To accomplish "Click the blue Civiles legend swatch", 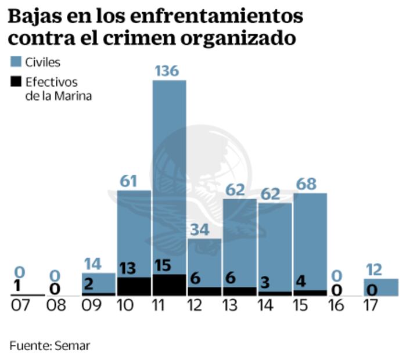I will [16, 62].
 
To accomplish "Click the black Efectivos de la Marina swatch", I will [16, 82].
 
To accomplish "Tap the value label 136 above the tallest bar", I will [169, 71].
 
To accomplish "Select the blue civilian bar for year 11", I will [169, 174].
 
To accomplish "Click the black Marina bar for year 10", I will [134, 286].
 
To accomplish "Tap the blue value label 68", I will [306, 184].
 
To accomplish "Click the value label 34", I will [200, 229].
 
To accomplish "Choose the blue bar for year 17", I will [381, 287].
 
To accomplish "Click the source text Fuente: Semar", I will [50, 345].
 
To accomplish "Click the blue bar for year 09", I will [98, 282].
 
